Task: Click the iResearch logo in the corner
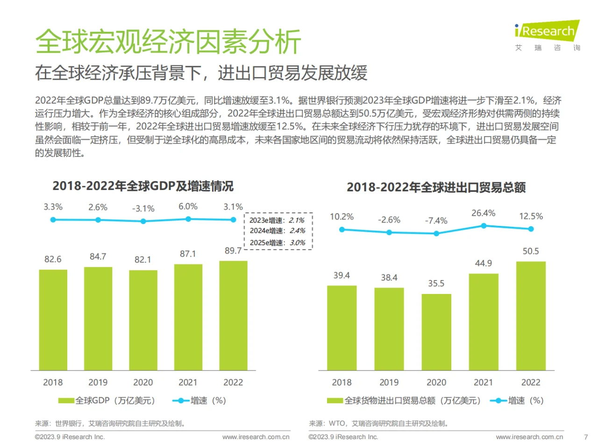coord(547,32)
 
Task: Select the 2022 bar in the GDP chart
coord(233,315)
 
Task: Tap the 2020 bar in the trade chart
coord(436,332)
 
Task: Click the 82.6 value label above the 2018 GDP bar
coord(53,259)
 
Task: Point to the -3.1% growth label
coord(143,209)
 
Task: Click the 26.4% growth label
coord(483,213)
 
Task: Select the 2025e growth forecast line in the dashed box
coord(278,243)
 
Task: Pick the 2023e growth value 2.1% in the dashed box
coord(297,220)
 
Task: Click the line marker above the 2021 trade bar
coord(484,226)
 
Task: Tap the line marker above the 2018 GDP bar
coord(53,220)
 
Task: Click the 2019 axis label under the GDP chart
coord(98,383)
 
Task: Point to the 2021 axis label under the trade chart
coord(483,383)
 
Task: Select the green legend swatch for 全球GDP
coord(66,401)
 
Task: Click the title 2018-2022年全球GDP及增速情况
coord(143,186)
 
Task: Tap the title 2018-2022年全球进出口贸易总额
coord(436,188)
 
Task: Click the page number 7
coord(586,437)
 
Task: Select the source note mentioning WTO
coord(379,424)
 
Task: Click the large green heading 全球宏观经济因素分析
coord(168,42)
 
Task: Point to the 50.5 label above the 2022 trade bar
coord(531,252)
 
